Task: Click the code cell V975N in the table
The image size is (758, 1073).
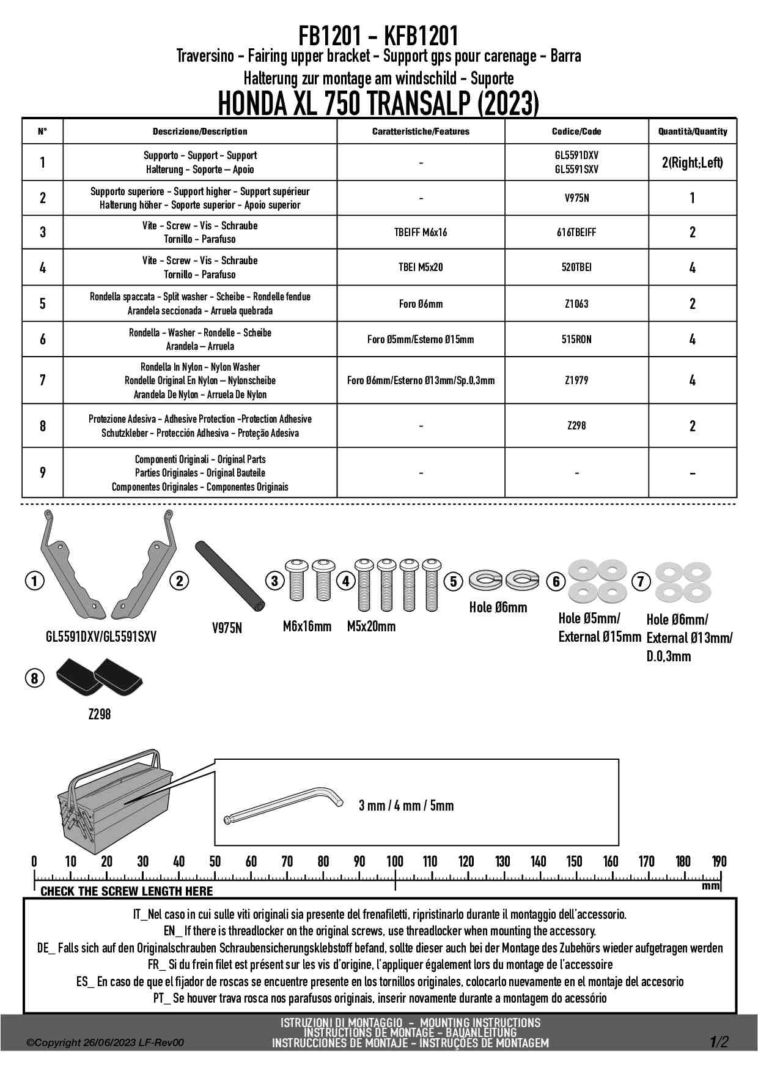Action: (576, 198)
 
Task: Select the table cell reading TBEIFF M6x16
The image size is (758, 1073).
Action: (421, 232)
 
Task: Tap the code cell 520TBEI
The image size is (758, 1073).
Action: (576, 267)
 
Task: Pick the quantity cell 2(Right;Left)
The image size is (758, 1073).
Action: (692, 163)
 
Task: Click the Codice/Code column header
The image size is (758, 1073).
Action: (576, 132)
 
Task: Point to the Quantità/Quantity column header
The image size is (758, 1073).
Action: (693, 132)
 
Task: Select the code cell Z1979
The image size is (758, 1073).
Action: (576, 381)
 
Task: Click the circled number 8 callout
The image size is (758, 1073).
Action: (34, 678)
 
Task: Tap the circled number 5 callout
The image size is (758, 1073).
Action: (453, 581)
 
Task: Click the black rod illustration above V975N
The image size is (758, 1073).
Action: (229, 575)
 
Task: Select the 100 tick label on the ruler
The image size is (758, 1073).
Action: (395, 862)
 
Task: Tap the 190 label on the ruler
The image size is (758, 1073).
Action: (719, 862)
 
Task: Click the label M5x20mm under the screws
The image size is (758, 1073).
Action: (371, 626)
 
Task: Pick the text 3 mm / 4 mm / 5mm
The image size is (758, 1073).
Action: (406, 806)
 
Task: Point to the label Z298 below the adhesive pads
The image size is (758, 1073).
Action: (100, 714)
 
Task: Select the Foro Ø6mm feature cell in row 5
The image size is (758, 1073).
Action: (421, 304)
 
